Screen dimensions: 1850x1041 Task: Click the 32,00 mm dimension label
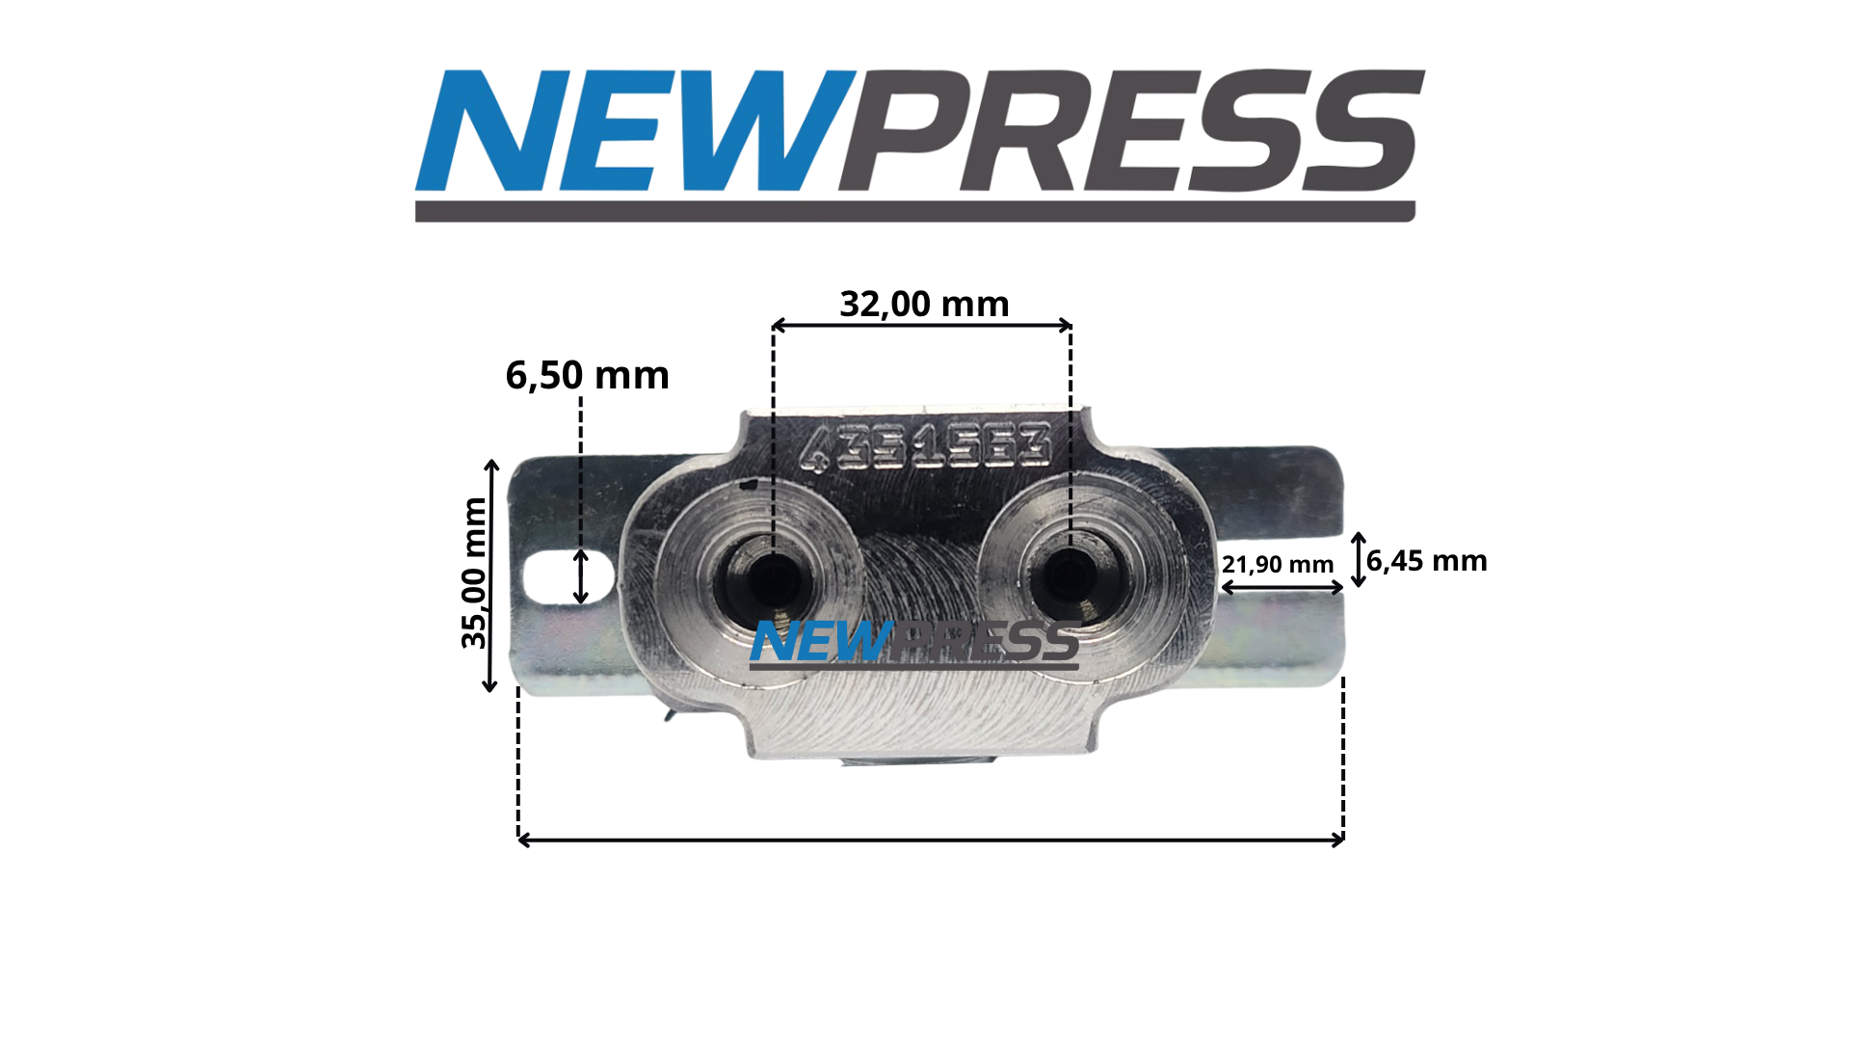click(x=924, y=305)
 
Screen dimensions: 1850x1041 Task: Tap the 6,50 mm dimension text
click(x=587, y=376)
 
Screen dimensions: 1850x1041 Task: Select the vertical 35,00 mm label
click(x=474, y=574)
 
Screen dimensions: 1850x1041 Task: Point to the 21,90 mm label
click(x=1278, y=565)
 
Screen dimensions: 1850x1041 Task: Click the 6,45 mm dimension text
click(x=1427, y=561)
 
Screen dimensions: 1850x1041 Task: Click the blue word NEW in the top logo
click(x=636, y=130)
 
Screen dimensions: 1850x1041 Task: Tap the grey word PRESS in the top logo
click(x=1131, y=130)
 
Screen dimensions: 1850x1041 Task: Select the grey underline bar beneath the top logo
click(x=915, y=212)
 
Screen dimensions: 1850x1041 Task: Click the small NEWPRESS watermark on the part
click(x=914, y=643)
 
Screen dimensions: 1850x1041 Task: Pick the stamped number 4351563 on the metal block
click(x=925, y=447)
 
